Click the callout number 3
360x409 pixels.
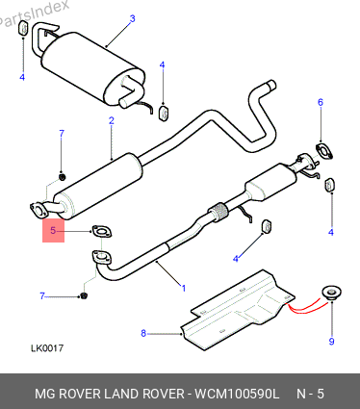pos(132,18)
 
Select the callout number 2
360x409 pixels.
pos(112,121)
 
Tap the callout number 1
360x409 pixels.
pos(184,288)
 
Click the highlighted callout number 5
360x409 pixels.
pos(53,230)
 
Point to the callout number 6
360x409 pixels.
pos(321,102)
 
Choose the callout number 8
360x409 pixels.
pos(143,334)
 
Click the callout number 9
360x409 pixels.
pos(331,342)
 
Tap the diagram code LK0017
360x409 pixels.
pos(47,348)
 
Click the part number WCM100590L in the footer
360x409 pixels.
pos(237,394)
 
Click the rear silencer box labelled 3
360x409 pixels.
pos(91,68)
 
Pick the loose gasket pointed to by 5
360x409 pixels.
pos(102,232)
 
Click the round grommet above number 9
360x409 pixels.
pos(331,293)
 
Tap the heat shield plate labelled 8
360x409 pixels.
pos(238,311)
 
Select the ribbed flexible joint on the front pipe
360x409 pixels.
pos(219,212)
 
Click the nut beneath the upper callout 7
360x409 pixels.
pos(62,176)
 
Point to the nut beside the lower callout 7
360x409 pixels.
pos(84,295)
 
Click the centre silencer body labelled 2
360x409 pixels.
pos(98,187)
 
